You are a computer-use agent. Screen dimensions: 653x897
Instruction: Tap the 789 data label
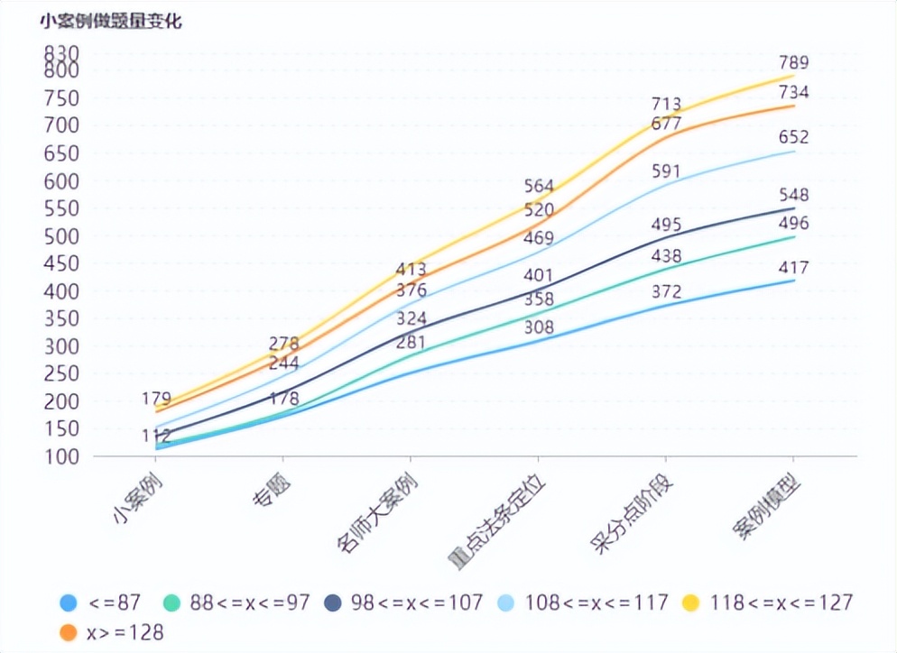[x=794, y=62]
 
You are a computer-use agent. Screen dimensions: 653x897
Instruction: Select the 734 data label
[x=794, y=92]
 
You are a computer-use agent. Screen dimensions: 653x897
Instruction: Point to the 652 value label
[x=794, y=137]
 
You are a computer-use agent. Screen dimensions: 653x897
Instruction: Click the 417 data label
[x=794, y=268]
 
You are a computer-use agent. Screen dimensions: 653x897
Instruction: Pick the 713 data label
[x=666, y=104]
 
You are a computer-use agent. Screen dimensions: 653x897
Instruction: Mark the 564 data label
[x=539, y=186]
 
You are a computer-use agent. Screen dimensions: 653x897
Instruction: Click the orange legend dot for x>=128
[x=68, y=633]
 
